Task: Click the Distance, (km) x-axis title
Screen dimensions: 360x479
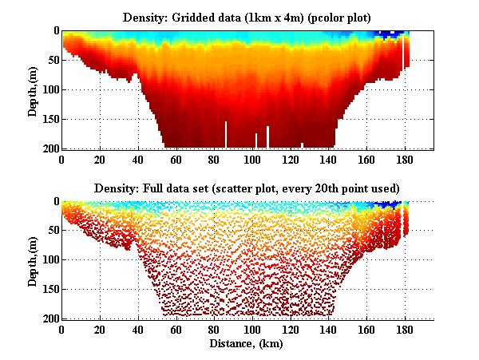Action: (x=247, y=344)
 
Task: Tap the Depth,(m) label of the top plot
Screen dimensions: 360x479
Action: (x=34, y=89)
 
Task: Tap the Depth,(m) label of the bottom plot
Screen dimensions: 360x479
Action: (x=34, y=260)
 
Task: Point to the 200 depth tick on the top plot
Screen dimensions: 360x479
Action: (x=50, y=148)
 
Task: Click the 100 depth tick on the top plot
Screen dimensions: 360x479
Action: (x=50, y=89)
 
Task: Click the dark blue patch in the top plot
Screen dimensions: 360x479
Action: (x=390, y=34)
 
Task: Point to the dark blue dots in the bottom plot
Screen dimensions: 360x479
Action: (x=390, y=204)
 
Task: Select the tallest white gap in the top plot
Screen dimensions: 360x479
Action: (x=226, y=134)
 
